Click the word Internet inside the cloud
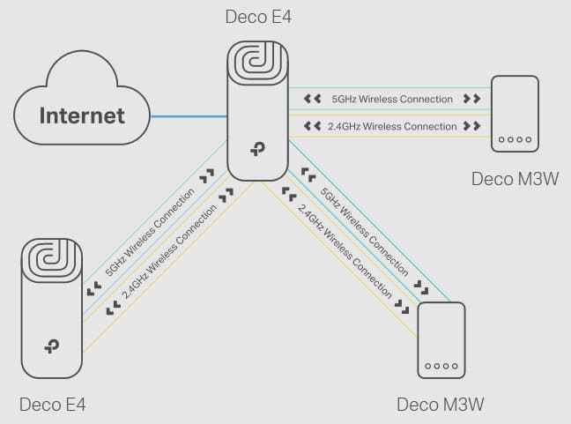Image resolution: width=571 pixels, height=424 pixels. point(81,115)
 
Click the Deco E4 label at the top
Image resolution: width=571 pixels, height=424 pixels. point(258,15)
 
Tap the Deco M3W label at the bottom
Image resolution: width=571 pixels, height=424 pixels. point(440,405)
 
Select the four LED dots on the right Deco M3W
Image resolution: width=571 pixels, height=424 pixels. point(515,140)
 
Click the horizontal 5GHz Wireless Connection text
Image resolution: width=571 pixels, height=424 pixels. point(392,99)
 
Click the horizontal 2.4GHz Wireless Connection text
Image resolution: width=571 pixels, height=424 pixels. point(392,126)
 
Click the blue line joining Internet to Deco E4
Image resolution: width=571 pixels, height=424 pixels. point(189,115)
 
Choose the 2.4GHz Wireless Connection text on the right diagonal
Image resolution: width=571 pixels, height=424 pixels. point(345,249)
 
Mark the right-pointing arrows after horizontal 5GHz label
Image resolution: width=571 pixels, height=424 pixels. point(471,99)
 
